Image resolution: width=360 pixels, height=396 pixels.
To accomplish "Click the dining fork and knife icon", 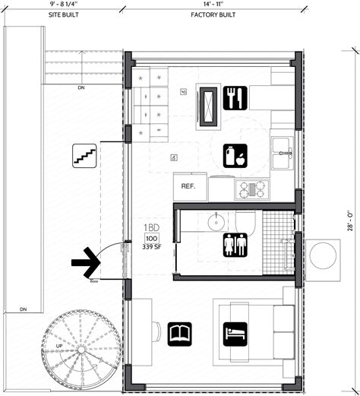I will (234, 97).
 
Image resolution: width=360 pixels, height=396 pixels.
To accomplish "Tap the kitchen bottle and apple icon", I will (234, 155).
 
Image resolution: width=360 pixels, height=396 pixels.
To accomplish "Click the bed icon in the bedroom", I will (234, 331).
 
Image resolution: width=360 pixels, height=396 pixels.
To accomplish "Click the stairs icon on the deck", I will (83, 156).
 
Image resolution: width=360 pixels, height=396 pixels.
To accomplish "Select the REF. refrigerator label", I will (189, 186).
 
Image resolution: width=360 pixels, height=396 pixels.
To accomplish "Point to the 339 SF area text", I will (152, 255).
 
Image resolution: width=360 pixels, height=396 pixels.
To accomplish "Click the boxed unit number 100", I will (151, 241).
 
